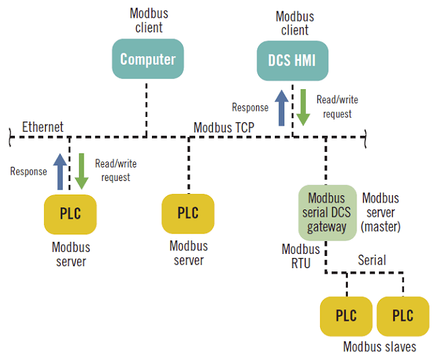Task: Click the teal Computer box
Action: [x=147, y=59]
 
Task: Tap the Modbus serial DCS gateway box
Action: [x=327, y=213]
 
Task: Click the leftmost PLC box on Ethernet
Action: [x=70, y=214]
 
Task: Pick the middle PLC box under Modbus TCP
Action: [x=188, y=213]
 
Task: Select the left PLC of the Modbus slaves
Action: [x=346, y=316]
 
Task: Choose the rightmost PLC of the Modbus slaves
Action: [x=403, y=316]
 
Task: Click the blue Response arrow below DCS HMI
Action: [x=281, y=107]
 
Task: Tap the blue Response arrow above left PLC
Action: [x=59, y=171]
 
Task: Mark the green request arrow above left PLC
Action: [x=82, y=171]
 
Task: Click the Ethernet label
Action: [x=43, y=127]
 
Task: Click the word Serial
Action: [x=371, y=260]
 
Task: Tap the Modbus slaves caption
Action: [x=380, y=346]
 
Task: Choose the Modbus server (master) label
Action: [x=381, y=213]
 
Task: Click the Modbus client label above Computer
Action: [x=149, y=21]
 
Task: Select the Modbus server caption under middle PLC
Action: [x=188, y=253]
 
